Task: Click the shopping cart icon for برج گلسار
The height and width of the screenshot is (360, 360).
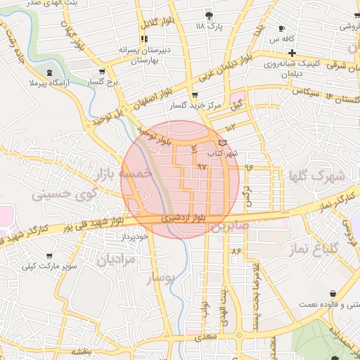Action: tap(102, 71)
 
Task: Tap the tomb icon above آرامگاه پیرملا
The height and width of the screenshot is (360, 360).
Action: tap(49, 72)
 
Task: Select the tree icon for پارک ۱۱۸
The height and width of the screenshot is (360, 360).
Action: tap(208, 15)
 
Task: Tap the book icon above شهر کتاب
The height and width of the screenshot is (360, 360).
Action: tap(223, 143)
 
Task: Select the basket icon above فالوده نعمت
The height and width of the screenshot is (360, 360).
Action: tap(332, 293)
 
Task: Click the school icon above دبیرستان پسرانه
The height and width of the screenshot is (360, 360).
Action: tap(145, 39)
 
